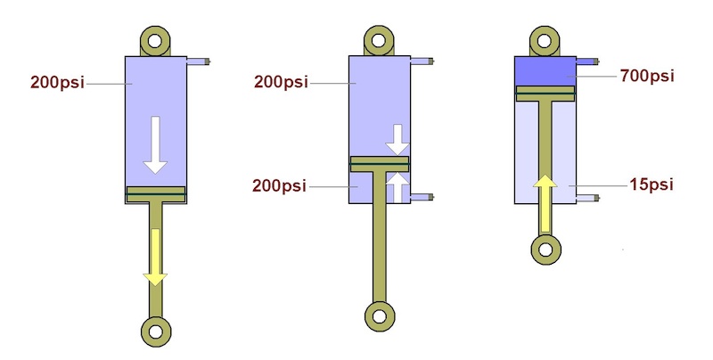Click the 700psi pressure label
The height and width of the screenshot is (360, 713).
(x=647, y=77)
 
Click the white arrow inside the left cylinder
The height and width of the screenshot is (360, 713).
(x=156, y=143)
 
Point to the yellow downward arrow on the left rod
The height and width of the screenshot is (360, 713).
(x=156, y=257)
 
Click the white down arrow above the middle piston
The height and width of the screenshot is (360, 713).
(x=397, y=139)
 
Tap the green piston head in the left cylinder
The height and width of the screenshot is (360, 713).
(x=156, y=193)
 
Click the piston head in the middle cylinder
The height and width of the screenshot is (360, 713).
(x=380, y=163)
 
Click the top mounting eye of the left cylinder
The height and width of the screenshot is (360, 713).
(x=156, y=40)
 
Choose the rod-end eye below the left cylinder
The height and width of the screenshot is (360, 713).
(x=156, y=331)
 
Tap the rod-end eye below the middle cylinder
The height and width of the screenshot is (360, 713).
(x=379, y=314)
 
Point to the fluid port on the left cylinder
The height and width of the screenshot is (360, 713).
(x=199, y=62)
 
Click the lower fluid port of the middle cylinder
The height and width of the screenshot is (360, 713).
(x=422, y=197)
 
